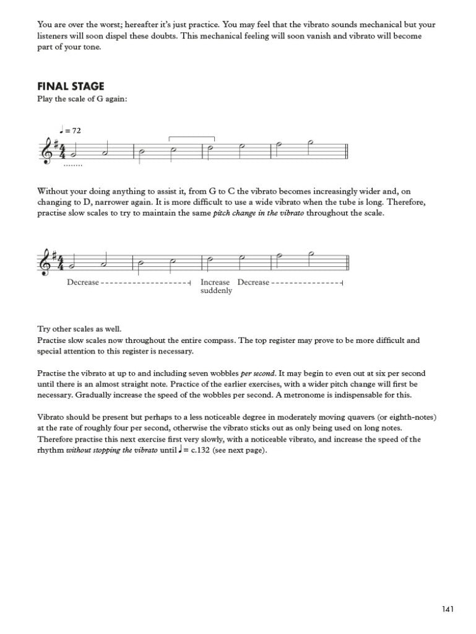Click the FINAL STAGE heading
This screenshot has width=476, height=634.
click(x=71, y=87)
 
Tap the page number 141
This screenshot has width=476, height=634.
click(x=448, y=609)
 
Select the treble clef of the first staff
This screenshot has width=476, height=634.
click(x=45, y=150)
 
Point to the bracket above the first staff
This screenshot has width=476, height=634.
click(x=192, y=139)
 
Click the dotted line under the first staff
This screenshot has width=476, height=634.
click(x=72, y=165)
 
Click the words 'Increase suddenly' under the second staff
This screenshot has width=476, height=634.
click(x=216, y=286)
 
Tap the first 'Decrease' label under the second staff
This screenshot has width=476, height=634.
click(x=83, y=282)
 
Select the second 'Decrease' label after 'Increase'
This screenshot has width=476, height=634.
click(x=254, y=282)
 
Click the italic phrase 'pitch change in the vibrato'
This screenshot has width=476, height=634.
click(x=261, y=214)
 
